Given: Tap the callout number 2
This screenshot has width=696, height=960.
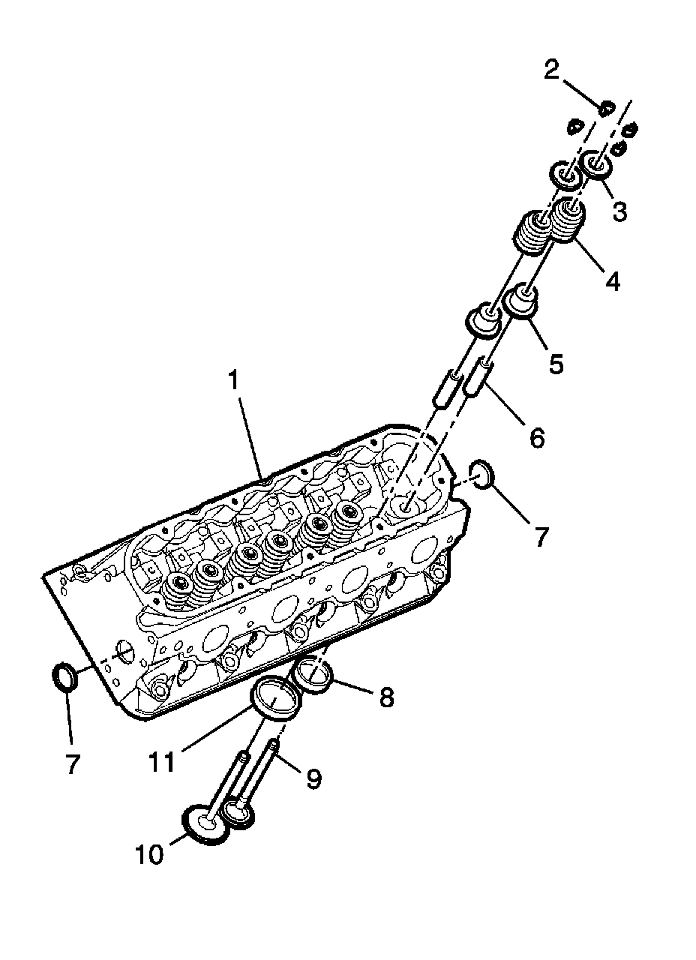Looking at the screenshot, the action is [x=551, y=72].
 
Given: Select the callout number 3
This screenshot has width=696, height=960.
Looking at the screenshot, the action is [x=619, y=212].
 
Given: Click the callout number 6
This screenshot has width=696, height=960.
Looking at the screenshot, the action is [x=536, y=437].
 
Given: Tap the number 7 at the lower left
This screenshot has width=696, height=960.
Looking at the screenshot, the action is [x=71, y=764].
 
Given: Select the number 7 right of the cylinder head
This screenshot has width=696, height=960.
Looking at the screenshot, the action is [x=541, y=536].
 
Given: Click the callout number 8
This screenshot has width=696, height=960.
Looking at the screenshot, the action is [x=385, y=697].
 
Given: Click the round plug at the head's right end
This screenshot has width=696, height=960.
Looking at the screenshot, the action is [x=482, y=475].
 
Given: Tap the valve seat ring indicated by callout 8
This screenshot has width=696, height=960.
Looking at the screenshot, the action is [x=313, y=673].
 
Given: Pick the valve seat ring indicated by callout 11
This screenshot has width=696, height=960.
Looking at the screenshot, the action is [x=276, y=698].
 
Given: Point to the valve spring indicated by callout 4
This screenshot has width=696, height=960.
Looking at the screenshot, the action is [x=568, y=220].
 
